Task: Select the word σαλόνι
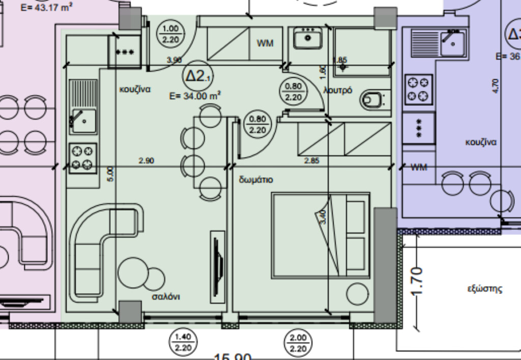(166, 296)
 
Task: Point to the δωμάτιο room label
(256, 180)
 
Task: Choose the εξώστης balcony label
(485, 289)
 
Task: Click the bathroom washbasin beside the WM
(308, 38)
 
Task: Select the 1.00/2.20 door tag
(171, 34)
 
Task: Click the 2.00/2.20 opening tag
(298, 342)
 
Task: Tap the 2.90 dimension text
(146, 161)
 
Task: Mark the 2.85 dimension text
(311, 161)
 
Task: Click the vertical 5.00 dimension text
(111, 174)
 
